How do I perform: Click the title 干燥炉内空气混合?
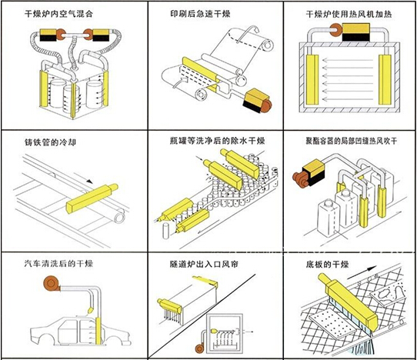coord(58,14)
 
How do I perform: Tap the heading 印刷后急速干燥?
coord(200,14)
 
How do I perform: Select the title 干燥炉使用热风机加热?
coord(349,14)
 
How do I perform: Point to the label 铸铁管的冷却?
coord(50,142)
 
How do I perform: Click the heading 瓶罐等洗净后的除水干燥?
coord(218,140)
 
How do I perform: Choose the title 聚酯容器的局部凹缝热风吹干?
coord(351,141)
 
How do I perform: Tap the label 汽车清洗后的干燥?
coord(58,264)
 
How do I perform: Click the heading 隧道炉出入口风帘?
coord(204,264)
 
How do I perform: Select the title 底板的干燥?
coord(327,265)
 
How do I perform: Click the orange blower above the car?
coord(52,284)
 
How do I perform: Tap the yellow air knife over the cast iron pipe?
coord(92,198)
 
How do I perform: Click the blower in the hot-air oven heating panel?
coord(336,31)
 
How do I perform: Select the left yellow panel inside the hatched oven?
coord(312,79)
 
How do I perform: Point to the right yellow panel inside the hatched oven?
coord(384,79)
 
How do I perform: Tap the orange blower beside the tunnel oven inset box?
coord(199,348)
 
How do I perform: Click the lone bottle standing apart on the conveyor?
coord(166,231)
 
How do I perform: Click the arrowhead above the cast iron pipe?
coord(89,182)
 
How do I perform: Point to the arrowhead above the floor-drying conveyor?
coord(372,268)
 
